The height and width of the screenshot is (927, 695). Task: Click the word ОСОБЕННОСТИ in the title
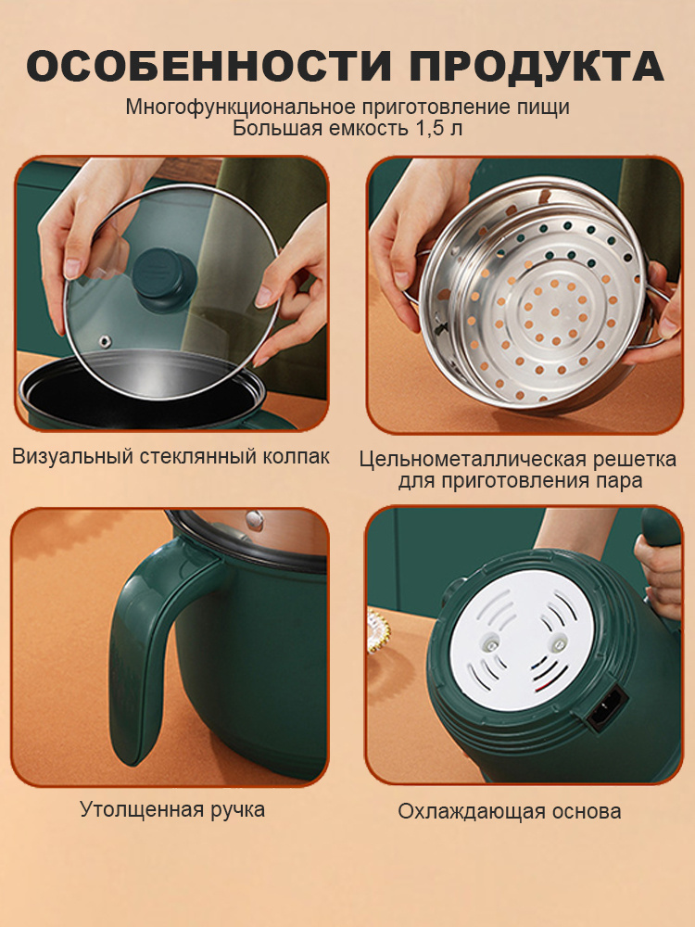pyautogui.click(x=208, y=66)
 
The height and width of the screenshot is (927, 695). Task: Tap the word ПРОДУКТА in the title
pyautogui.click(x=537, y=67)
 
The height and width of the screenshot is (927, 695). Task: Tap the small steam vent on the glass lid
pyautogui.click(x=107, y=340)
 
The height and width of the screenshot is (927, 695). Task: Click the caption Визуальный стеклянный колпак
pyautogui.click(x=171, y=456)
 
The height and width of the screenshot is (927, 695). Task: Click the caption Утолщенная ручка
pyautogui.click(x=172, y=809)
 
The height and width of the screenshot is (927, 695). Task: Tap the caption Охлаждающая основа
pyautogui.click(x=510, y=811)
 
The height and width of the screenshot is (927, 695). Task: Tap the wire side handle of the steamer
pyautogui.click(x=658, y=313)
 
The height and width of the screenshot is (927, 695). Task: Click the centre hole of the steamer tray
pyautogui.click(x=554, y=312)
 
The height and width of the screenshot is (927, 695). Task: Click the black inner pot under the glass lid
pyautogui.click(x=142, y=390)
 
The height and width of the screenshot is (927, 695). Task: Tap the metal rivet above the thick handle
pyautogui.click(x=255, y=519)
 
